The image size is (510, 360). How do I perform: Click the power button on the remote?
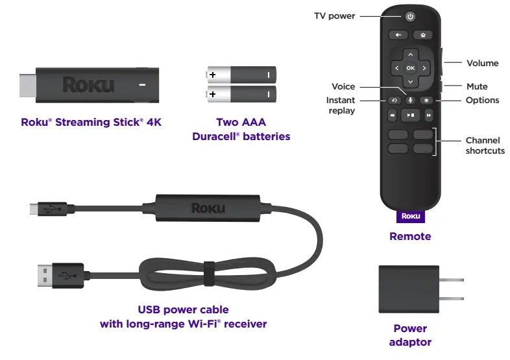410,16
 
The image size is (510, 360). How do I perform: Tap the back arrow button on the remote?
397,34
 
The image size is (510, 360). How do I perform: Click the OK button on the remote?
410,67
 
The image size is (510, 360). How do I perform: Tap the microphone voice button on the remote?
410,100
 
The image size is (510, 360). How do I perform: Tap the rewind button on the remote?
393,115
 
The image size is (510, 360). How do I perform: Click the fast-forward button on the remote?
428,115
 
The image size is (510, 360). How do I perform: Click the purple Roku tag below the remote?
410,216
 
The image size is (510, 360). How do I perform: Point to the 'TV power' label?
334,16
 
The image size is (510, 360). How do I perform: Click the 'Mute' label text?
477,86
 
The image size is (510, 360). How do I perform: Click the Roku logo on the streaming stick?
88,84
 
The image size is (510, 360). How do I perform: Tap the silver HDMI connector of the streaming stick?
26,84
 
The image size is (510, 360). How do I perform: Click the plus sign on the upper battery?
212,75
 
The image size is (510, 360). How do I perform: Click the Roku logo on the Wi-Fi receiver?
208,208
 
